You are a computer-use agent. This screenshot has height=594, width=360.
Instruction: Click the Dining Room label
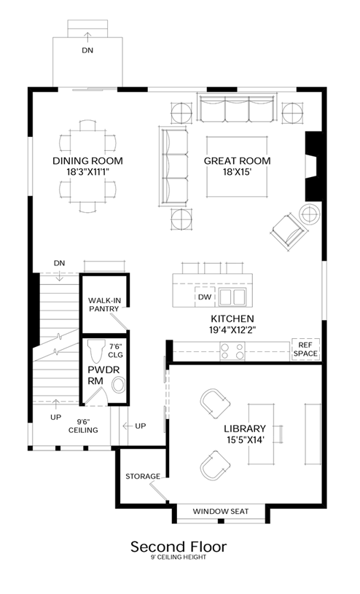click(87, 161)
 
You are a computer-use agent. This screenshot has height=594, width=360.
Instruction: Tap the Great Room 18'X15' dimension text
click(238, 172)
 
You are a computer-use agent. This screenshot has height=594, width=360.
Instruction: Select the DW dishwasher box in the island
click(205, 297)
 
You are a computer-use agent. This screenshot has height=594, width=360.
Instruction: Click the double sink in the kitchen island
click(232, 297)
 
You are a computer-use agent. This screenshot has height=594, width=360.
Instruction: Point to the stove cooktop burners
click(232, 351)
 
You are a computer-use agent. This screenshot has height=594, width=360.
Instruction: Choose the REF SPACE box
click(305, 349)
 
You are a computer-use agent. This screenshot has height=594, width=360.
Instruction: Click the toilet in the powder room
click(95, 351)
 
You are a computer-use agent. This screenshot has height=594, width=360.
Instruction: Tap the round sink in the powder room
click(119, 386)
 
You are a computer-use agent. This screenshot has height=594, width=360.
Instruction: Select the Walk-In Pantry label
click(104, 305)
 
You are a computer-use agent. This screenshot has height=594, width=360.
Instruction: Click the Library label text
click(245, 429)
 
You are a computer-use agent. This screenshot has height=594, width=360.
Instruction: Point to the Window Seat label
click(221, 512)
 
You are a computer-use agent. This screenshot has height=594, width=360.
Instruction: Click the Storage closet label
click(143, 476)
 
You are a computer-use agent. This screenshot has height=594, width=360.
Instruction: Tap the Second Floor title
click(179, 547)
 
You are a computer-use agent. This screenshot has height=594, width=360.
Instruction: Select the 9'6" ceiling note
click(83, 426)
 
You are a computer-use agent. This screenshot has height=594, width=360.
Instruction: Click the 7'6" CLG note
click(116, 351)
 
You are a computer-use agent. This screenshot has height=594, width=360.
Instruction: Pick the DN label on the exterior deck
click(87, 50)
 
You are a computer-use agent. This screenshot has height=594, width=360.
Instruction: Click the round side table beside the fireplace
click(310, 214)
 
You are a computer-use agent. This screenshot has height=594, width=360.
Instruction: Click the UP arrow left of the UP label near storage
click(128, 426)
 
